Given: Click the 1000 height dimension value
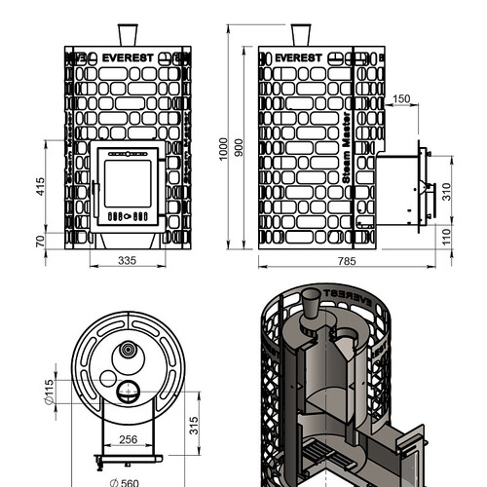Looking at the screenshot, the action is pyautogui.click(x=223, y=149).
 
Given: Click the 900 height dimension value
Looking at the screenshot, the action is pyautogui.click(x=239, y=148).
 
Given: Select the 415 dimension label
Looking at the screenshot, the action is pyautogui.click(x=40, y=186).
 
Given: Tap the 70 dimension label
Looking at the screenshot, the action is pyautogui.click(x=40, y=242).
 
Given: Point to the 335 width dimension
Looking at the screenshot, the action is pyautogui.click(x=128, y=260).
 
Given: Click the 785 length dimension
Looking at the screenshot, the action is pyautogui.click(x=347, y=261).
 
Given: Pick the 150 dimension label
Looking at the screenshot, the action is pyautogui.click(x=401, y=98).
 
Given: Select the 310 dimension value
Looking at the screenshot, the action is pyautogui.click(x=447, y=192).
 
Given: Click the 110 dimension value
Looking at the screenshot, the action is pyautogui.click(x=447, y=237).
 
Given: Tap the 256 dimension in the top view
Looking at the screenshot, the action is pyautogui.click(x=129, y=439).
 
